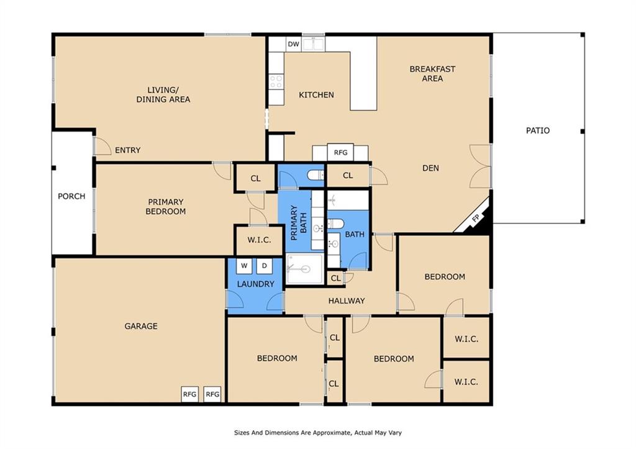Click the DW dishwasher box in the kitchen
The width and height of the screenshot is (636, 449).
(293, 44)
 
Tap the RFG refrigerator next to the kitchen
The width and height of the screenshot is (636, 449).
(340, 153)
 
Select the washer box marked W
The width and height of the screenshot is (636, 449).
(244, 266)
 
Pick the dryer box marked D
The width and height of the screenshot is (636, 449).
(265, 266)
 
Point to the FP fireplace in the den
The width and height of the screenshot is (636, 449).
(475, 218)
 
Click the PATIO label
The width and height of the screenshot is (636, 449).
(538, 130)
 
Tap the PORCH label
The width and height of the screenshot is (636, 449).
(71, 196)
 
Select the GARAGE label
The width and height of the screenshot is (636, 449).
(141, 326)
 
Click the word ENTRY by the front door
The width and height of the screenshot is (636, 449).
(128, 150)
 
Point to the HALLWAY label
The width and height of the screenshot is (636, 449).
(347, 301)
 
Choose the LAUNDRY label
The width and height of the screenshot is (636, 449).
(255, 284)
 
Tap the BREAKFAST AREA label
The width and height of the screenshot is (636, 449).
(432, 74)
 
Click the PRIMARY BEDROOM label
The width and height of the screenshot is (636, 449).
(165, 206)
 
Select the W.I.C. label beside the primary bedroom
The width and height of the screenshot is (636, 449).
(259, 240)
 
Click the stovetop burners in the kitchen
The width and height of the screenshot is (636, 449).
(276, 81)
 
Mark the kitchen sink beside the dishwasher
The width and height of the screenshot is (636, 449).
(314, 44)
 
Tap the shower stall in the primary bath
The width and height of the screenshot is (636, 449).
(304, 268)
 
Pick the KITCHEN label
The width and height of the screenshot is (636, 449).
(316, 95)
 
